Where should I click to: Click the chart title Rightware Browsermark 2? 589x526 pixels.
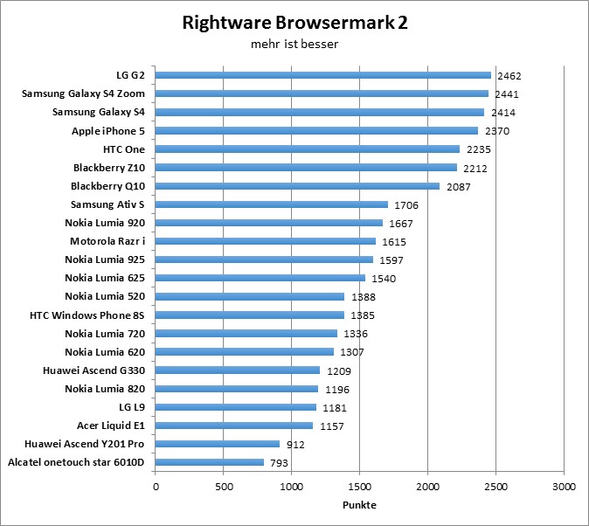click(294, 23)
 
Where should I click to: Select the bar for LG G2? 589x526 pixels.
click(323, 75)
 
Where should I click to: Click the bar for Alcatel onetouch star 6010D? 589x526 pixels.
click(210, 462)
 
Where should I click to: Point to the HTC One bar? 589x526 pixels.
click(308, 149)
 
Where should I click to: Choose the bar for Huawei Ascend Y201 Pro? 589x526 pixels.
click(218, 444)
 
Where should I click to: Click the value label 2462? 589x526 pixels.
click(509, 76)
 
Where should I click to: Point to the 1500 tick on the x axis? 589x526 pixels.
click(360, 485)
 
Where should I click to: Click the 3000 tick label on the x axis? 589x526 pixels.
click(564, 485)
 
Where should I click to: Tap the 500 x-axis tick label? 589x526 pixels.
click(224, 485)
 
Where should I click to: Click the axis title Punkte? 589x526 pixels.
click(359, 504)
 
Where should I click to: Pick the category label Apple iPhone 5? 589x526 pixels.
click(108, 131)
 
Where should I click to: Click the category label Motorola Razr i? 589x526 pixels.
click(107, 241)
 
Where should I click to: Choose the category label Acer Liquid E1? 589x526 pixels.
click(111, 426)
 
